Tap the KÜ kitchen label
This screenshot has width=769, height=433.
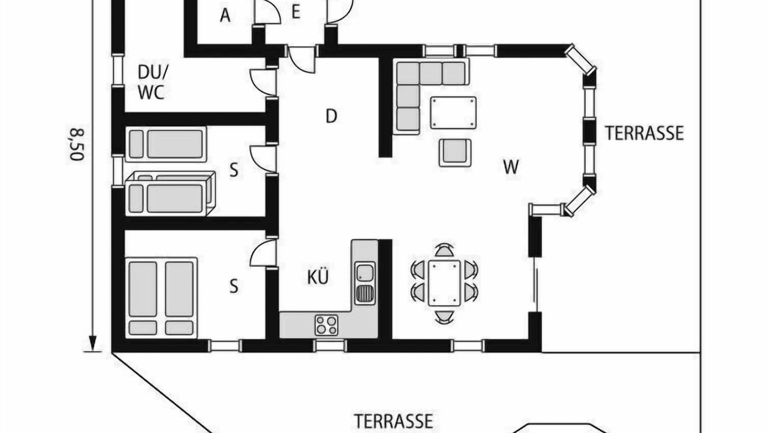(x=318, y=277)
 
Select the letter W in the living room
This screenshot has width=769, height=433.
(x=511, y=167)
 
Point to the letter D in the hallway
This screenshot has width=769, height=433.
(x=331, y=116)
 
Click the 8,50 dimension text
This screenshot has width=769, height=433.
(x=77, y=144)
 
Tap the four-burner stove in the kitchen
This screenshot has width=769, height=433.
(x=326, y=325)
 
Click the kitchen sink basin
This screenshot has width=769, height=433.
(x=365, y=273)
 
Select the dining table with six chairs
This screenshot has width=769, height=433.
(x=444, y=283)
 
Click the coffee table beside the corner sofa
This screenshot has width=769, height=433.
(x=453, y=112)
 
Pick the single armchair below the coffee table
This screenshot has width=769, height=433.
(x=455, y=153)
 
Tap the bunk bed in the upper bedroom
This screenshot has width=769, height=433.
(x=170, y=194)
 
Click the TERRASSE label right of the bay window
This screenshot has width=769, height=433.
(x=644, y=133)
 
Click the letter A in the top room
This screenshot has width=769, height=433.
(x=225, y=16)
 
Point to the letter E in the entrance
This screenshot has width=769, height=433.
(x=296, y=12)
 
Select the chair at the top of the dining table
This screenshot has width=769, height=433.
(x=444, y=250)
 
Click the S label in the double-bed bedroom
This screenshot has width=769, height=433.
(x=234, y=286)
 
